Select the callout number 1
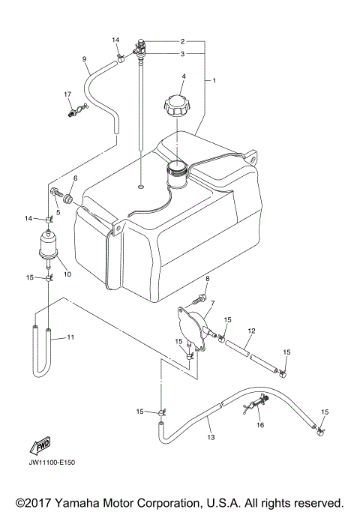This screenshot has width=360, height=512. [214, 79]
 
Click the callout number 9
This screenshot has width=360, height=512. [84, 59]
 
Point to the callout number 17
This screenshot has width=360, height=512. [67, 94]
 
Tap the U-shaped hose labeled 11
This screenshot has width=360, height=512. [40, 352]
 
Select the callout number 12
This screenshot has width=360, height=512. [252, 331]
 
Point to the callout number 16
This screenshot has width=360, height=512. [260, 424]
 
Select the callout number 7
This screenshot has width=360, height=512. [212, 304]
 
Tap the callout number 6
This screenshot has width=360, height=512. [75, 178]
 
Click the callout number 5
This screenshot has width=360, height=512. [58, 213]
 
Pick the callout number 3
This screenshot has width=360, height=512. [182, 54]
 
